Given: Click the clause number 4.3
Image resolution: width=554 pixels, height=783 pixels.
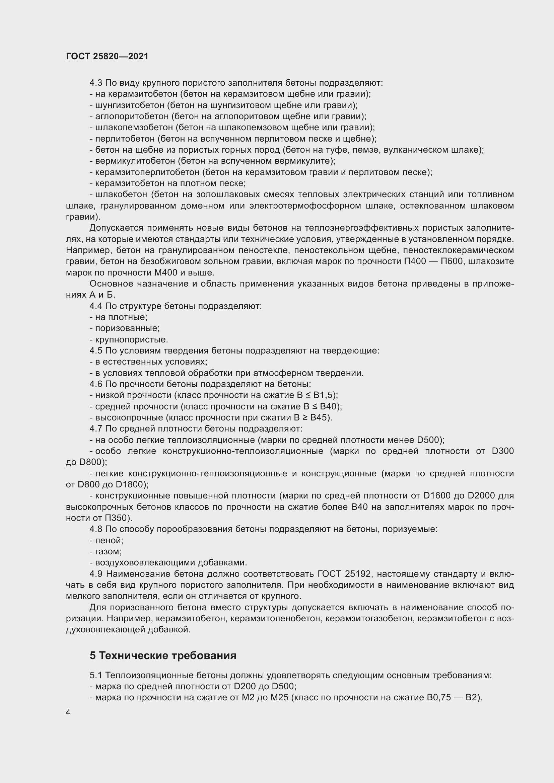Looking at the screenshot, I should (x=96, y=83).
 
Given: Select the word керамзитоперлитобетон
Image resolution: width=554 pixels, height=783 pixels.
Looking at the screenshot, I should (x=147, y=172).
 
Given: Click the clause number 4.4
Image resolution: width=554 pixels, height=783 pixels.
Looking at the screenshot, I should (x=96, y=306).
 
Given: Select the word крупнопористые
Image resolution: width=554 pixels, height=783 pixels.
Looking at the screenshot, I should (x=131, y=340).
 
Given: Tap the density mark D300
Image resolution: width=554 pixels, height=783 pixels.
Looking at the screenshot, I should (x=502, y=451).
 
